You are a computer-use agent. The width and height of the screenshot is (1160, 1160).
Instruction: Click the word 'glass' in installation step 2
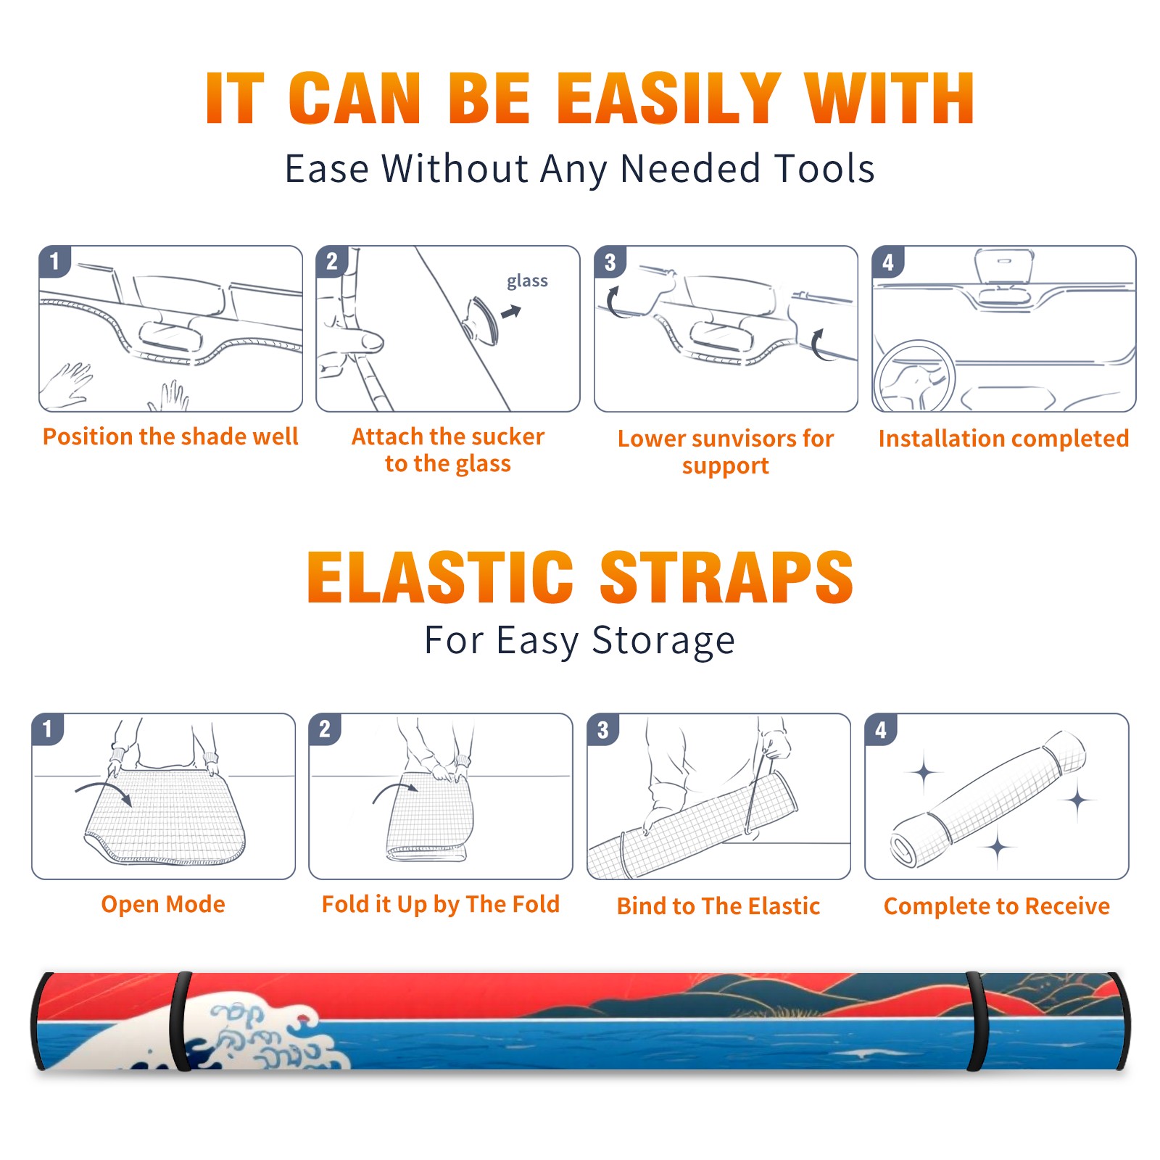(527, 281)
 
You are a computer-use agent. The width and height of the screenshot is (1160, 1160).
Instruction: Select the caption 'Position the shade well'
(170, 436)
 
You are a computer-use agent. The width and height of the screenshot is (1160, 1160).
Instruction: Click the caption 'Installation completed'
(1003, 438)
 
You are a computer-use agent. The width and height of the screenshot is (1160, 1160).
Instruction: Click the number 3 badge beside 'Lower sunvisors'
(610, 262)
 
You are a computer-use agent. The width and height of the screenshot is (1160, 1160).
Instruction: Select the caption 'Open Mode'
(163, 904)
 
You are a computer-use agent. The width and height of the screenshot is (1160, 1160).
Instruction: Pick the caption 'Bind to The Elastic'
(718, 906)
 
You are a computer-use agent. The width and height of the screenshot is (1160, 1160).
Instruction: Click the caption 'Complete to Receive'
(997, 906)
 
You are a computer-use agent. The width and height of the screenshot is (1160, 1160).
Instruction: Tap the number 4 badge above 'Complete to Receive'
(881, 729)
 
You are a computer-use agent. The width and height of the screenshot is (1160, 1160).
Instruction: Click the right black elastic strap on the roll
(977, 1022)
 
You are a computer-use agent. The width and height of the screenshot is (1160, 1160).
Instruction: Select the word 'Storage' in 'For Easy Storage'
(663, 641)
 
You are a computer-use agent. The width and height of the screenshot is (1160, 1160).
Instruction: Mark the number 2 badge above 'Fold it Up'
(325, 729)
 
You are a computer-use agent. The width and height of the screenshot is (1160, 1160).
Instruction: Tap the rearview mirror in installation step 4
(1003, 266)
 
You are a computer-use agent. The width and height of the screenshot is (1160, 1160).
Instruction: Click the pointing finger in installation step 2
(352, 341)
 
